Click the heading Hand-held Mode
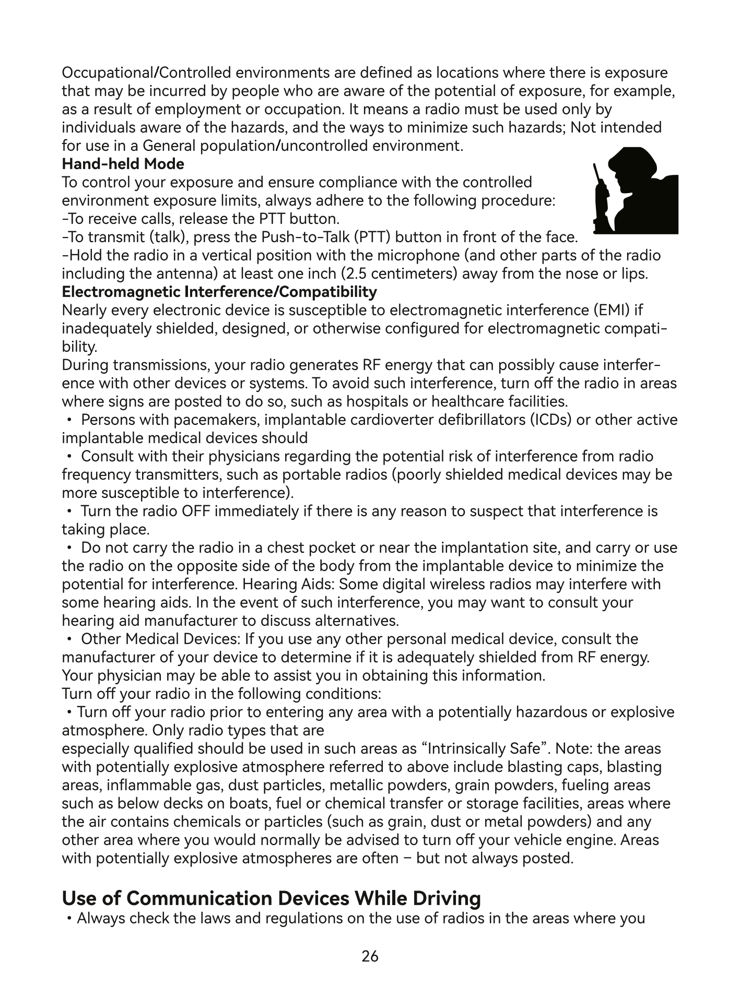pos(123,164)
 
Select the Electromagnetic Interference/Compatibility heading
pos(219,292)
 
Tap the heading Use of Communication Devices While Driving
pos(271,898)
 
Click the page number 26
pos(370,956)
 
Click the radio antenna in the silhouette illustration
pos(596,172)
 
